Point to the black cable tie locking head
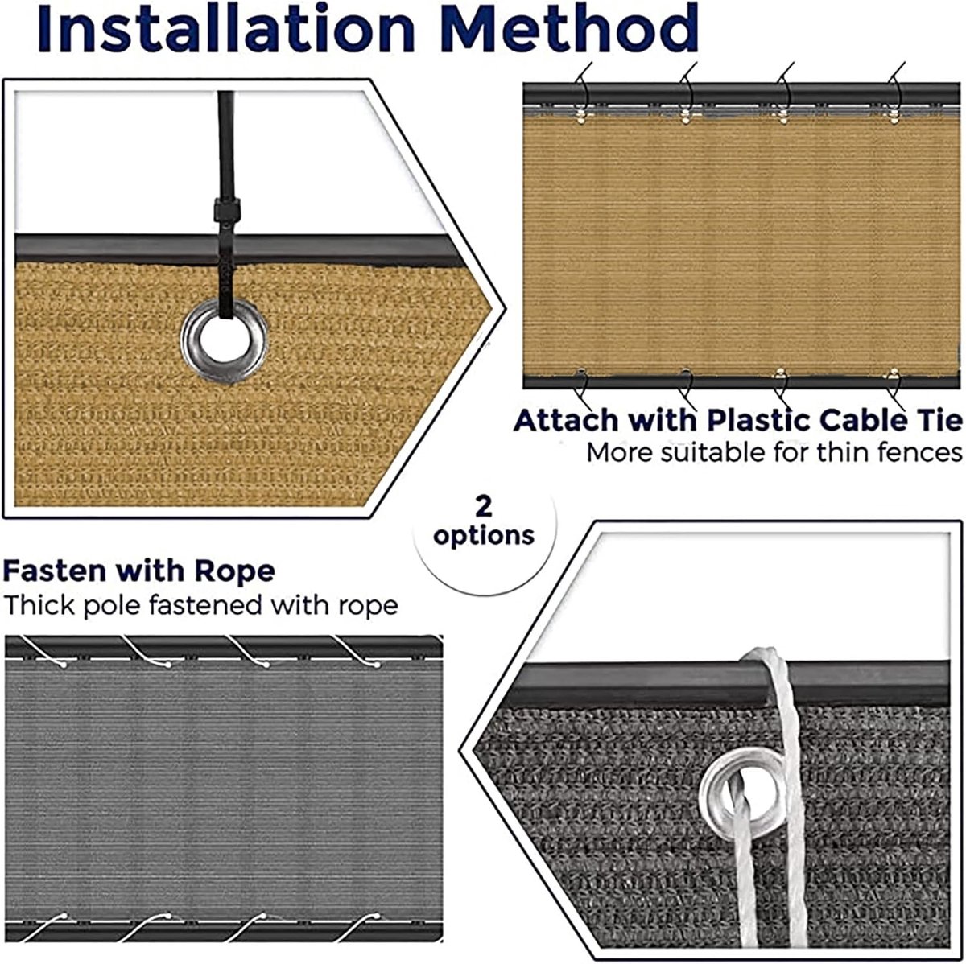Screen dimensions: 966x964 pos(226,210)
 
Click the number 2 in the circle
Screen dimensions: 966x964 pos(484,507)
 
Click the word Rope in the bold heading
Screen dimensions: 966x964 pos(234,571)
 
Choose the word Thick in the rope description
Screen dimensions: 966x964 pos(39,605)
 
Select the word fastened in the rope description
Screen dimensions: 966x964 pos(205,605)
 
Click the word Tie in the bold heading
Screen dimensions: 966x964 pos(937,420)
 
